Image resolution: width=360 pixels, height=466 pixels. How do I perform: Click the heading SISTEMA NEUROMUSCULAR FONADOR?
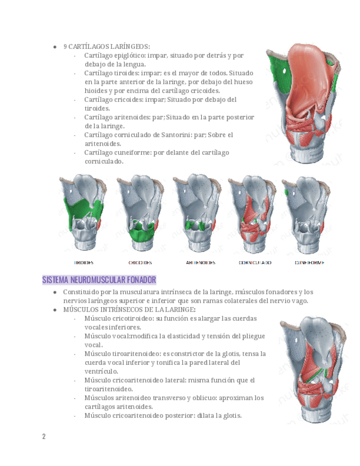point(99,280)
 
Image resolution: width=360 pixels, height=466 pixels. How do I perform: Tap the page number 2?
point(44,436)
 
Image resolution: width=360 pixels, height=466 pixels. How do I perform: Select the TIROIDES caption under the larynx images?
point(84,263)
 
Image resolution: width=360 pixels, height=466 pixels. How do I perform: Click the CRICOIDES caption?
point(140,263)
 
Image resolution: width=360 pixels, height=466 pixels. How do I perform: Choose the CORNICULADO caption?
point(254,263)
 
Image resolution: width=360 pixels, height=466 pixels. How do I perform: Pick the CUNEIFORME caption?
point(309,263)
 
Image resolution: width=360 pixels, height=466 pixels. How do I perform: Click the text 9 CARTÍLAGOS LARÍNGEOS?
point(107,47)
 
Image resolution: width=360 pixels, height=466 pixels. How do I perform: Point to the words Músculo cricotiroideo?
point(119,318)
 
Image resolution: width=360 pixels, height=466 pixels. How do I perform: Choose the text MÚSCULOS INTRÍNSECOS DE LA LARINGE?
point(128,309)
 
